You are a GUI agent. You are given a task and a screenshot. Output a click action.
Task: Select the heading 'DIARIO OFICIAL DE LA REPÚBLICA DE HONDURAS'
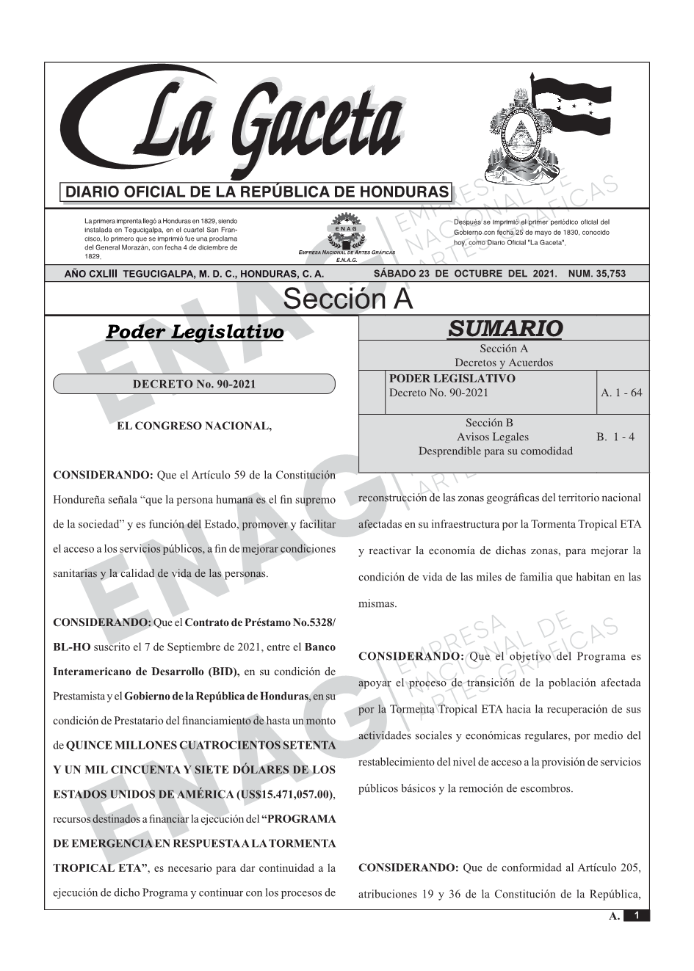[257, 192]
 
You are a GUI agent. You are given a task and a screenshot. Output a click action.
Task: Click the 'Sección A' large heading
[347, 299]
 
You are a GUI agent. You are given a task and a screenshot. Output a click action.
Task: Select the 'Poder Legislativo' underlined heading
[195, 332]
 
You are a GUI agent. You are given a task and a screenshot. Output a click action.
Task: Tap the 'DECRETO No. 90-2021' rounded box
[194, 384]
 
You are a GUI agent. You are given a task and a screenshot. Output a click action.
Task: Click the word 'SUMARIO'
[505, 329]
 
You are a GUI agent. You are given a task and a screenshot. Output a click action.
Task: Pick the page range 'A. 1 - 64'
[621, 393]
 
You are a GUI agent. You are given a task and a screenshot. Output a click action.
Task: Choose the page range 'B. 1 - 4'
[615, 437]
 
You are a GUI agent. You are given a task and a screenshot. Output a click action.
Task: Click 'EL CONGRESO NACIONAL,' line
[189, 426]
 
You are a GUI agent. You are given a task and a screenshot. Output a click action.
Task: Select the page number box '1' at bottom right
[637, 915]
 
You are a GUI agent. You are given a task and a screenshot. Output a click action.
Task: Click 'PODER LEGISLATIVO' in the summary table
[452, 379]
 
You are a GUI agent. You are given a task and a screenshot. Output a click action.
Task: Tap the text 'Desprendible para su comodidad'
[495, 451]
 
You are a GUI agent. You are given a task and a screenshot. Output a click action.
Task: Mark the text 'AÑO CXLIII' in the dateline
[93, 274]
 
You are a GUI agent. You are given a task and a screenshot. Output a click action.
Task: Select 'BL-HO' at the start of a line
[68, 647]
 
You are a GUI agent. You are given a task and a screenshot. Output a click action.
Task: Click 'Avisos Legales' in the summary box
[492, 437]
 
